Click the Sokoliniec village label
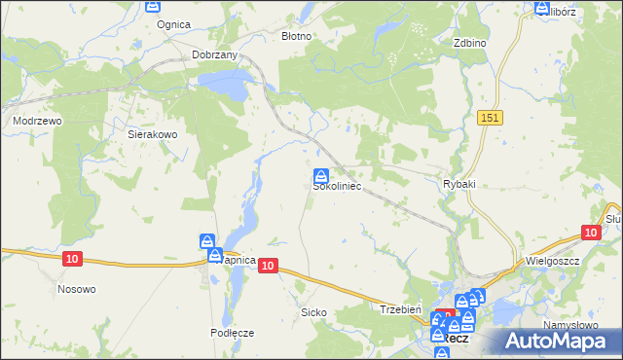[337, 188]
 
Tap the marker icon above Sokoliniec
[320, 175]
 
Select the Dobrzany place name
[215, 55]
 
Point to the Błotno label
[296, 36]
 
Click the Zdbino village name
[469, 44]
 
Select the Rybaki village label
[458, 184]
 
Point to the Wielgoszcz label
[551, 262]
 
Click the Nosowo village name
[77, 289]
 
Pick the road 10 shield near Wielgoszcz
[590, 233]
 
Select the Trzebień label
[399, 308]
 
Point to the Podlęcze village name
[232, 333]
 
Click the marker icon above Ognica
[153, 6]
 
